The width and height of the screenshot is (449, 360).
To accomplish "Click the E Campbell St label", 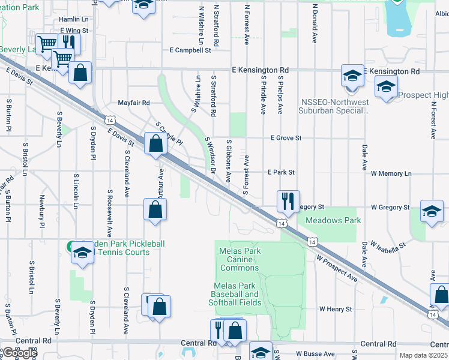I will [x=190, y=50].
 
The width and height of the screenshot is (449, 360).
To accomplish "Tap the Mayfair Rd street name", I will [x=133, y=103].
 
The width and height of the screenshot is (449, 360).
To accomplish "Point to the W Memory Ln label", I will [x=391, y=173].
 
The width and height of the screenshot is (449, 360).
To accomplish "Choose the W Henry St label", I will [x=335, y=309].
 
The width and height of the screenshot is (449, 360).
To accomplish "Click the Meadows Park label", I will [x=333, y=220].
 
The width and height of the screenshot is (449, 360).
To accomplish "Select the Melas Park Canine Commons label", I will [x=240, y=259].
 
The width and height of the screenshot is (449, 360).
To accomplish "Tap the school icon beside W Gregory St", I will [x=432, y=211].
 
